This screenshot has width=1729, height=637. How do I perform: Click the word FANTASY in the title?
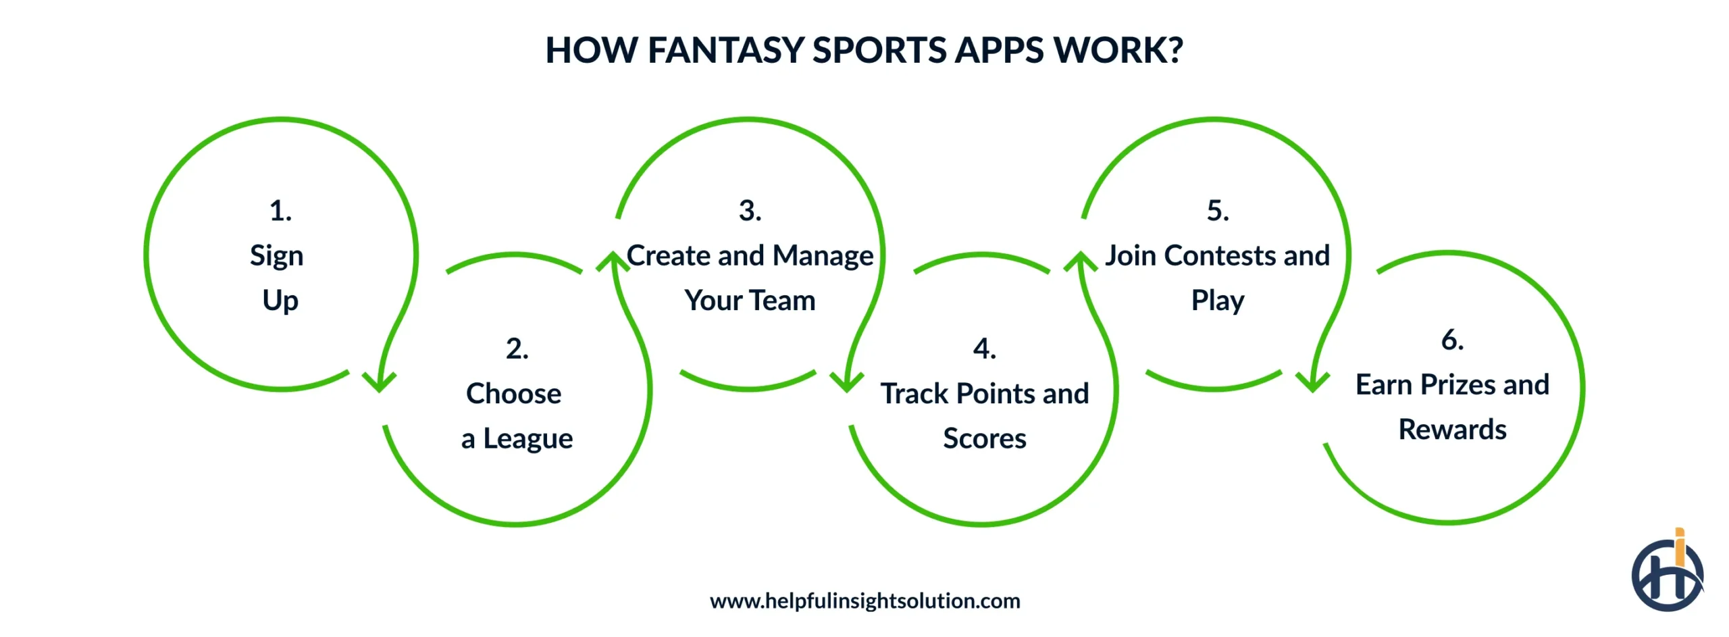click(725, 51)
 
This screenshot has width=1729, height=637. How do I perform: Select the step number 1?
click(280, 211)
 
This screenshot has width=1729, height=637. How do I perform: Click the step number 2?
click(517, 349)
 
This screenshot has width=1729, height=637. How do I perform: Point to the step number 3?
click(750, 211)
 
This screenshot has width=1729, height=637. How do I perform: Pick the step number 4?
click(984, 349)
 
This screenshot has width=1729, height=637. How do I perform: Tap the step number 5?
click(1218, 211)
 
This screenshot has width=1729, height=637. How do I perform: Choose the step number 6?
click(1452, 340)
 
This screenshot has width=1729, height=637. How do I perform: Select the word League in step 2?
click(527, 439)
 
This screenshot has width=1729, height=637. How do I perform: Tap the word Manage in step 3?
click(823, 256)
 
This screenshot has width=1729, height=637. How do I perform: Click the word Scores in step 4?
click(984, 439)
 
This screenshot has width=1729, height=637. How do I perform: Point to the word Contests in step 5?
click(1220, 256)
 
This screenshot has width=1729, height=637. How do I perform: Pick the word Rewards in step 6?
click(1452, 430)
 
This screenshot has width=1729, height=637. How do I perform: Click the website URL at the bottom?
click(864, 601)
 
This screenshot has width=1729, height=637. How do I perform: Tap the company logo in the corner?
click(1667, 573)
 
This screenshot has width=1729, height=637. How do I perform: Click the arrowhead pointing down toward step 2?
click(379, 382)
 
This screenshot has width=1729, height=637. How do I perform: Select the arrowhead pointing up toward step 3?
click(612, 262)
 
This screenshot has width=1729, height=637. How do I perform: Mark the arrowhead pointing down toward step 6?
click(1312, 382)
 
